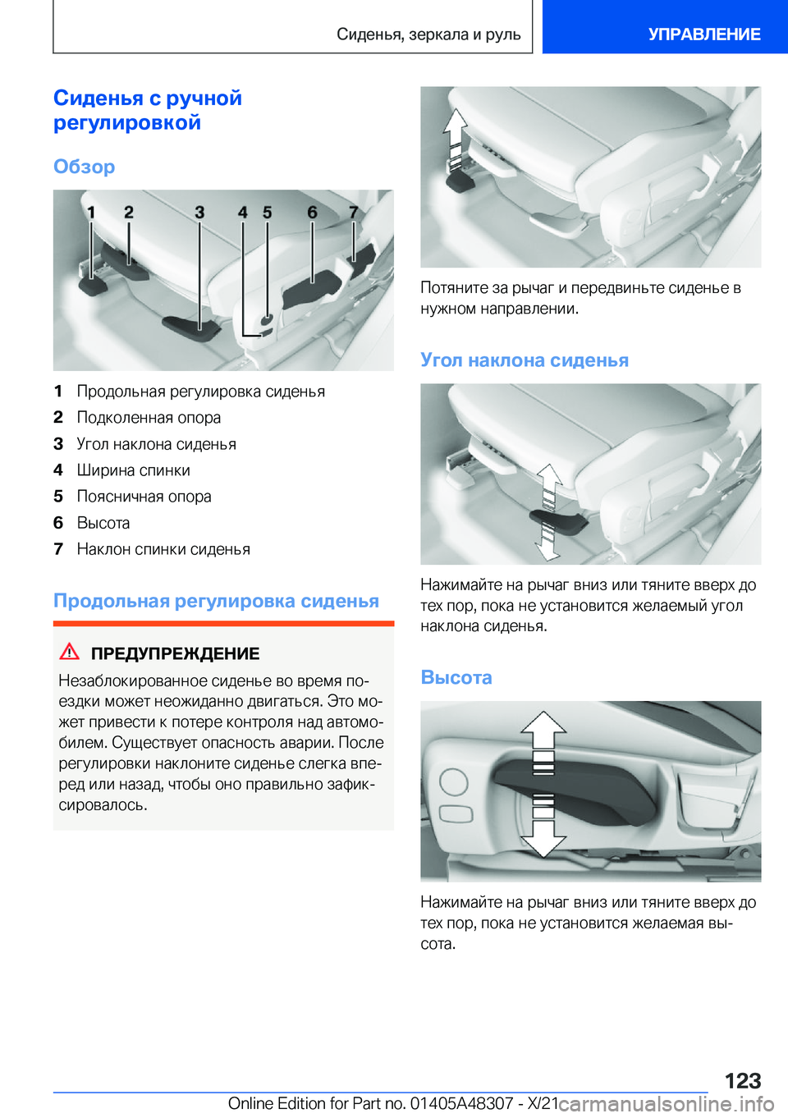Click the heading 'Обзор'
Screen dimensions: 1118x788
pyautogui.click(x=84, y=167)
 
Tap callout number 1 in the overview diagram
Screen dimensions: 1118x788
pyautogui.click(x=91, y=213)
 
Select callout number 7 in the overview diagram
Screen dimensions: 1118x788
pyautogui.click(x=354, y=213)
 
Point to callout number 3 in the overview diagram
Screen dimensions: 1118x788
pyautogui.click(x=199, y=213)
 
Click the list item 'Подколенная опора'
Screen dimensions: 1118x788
pyautogui.click(x=149, y=418)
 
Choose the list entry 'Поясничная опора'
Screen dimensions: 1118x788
pyautogui.click(x=144, y=497)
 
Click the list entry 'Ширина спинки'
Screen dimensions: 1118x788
pyautogui.click(x=133, y=470)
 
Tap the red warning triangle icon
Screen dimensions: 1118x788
pyautogui.click(x=70, y=652)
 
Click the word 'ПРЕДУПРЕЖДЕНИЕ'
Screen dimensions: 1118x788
pyautogui.click(x=175, y=653)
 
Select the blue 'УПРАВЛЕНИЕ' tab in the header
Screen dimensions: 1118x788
pyautogui.click(x=703, y=34)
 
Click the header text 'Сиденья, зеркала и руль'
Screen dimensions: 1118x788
pyautogui.click(x=428, y=34)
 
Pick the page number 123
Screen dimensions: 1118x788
pyautogui.click(x=742, y=1080)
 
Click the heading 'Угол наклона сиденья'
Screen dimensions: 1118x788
pyautogui.click(x=525, y=360)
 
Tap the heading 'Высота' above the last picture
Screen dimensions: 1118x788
pyautogui.click(x=456, y=677)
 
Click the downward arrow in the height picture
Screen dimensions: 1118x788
pyautogui.click(x=543, y=833)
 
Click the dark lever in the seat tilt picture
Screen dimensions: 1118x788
pyautogui.click(x=558, y=520)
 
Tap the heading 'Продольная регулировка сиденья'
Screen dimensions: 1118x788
pyautogui.click(x=216, y=601)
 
